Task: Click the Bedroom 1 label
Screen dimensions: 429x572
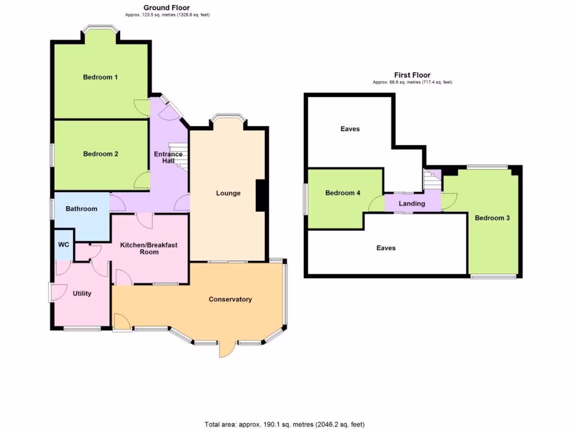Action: tap(100, 77)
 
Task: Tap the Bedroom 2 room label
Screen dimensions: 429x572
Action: tap(101, 154)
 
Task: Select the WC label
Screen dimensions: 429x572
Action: tap(63, 245)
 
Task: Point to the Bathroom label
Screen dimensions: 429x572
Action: tap(82, 209)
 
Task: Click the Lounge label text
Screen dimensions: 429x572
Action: tap(228, 193)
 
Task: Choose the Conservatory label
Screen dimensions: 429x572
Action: tap(230, 299)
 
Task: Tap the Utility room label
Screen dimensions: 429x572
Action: tap(82, 293)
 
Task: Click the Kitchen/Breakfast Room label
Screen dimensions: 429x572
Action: tap(149, 248)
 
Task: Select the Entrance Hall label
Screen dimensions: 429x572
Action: tap(168, 158)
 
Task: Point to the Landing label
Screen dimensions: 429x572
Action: tap(412, 204)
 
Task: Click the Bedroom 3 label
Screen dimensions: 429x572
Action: tap(492, 218)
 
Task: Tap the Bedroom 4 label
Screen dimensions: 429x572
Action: tap(342, 193)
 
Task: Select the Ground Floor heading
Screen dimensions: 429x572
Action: tap(166, 7)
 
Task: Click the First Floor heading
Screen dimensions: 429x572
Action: tap(412, 75)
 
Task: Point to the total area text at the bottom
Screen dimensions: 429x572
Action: tap(285, 425)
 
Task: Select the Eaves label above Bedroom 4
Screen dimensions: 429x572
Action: tap(350, 129)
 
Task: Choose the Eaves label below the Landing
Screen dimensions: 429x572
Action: tap(386, 247)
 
